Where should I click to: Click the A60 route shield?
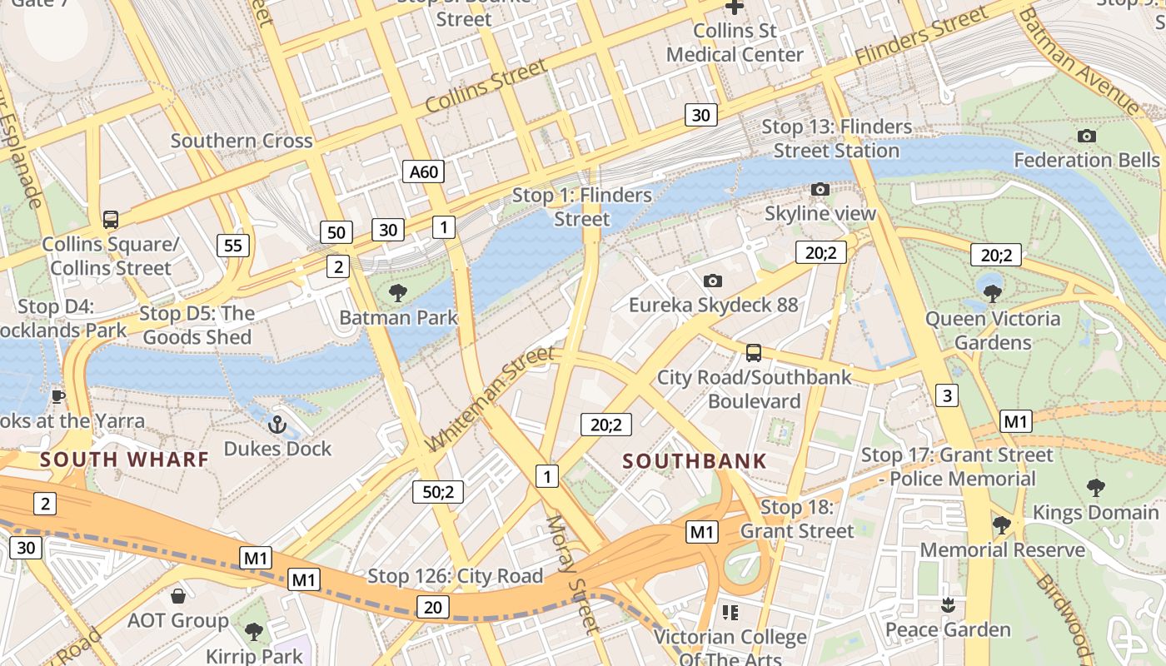(x=423, y=172)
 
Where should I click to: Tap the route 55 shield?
(x=233, y=245)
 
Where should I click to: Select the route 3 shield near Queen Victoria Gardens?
(x=946, y=395)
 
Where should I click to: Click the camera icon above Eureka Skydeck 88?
(x=712, y=281)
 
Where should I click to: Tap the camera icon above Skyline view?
(x=820, y=190)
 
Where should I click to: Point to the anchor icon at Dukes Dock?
(x=277, y=425)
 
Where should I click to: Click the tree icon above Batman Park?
(x=398, y=292)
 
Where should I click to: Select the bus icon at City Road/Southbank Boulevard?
(x=754, y=353)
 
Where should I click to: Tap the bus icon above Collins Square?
(x=110, y=220)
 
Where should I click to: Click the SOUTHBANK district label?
(x=695, y=460)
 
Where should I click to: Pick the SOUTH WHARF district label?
(x=124, y=459)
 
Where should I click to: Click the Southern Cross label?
(x=242, y=140)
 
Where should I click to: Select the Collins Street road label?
(x=486, y=86)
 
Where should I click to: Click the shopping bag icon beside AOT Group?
(x=178, y=596)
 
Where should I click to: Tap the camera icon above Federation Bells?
(x=1086, y=136)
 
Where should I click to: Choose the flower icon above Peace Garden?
(x=947, y=604)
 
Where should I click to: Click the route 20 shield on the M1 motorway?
(x=433, y=607)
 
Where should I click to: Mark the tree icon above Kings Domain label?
(x=1096, y=488)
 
